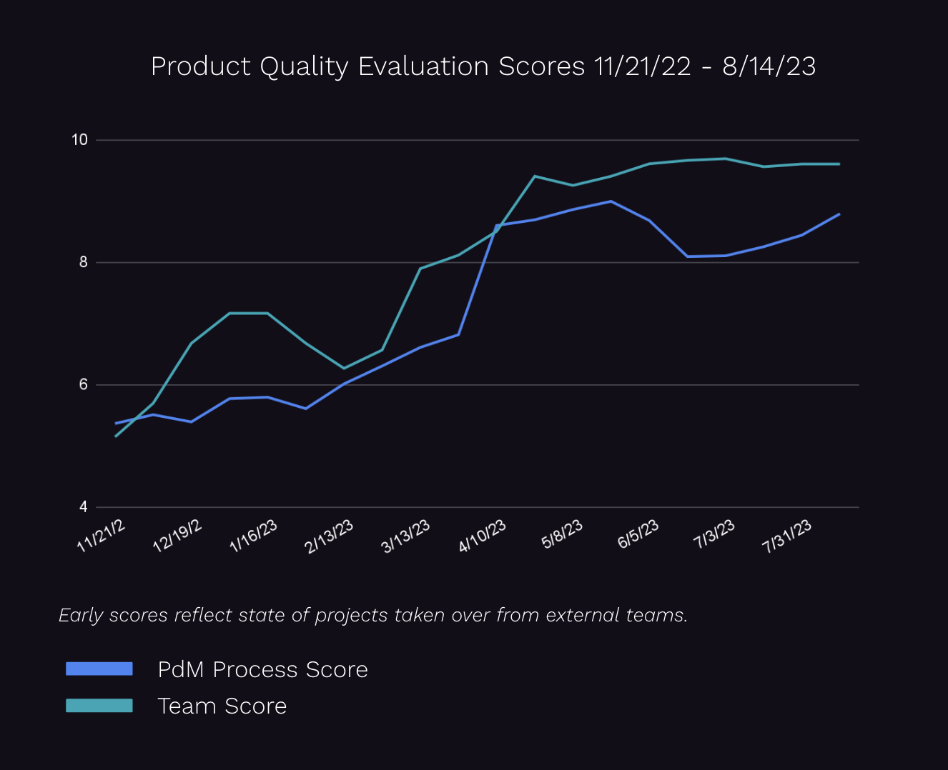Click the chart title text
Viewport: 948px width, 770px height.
[x=483, y=66]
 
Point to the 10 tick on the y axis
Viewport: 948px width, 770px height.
[x=79, y=140]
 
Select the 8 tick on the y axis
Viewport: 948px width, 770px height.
[x=84, y=262]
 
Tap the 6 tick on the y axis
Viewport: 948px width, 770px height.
[x=84, y=384]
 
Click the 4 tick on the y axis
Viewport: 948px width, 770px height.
[x=84, y=507]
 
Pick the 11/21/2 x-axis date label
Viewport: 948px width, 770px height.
[x=102, y=536]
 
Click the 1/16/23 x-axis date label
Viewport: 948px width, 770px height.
[x=253, y=536]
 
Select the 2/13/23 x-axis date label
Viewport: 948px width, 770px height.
[x=329, y=536]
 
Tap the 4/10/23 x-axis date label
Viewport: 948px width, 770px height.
[x=483, y=536]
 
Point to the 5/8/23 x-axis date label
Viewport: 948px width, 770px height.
[x=562, y=535]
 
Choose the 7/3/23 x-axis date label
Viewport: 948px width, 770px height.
[x=714, y=535]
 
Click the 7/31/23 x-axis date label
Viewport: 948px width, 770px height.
[x=787, y=536]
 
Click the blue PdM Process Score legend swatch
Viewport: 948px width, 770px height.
[x=99, y=669]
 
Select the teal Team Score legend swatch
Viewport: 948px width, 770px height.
[x=99, y=706]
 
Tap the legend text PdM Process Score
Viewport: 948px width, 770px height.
[x=262, y=670]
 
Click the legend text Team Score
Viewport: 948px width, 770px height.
[x=222, y=706]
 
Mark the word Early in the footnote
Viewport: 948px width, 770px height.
[x=81, y=616]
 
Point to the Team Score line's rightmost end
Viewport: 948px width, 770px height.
[x=839, y=164]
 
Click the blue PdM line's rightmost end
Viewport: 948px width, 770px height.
[x=839, y=214]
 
